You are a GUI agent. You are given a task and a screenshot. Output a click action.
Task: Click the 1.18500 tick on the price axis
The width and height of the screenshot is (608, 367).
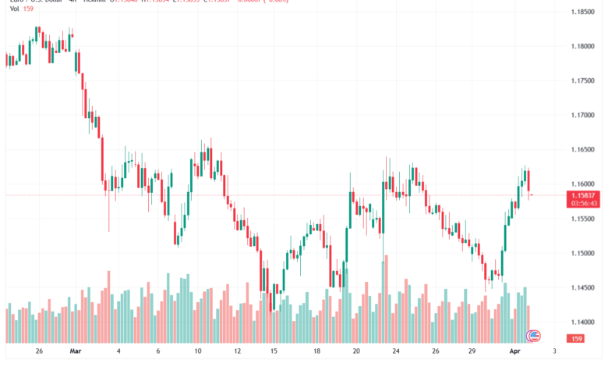click(x=583, y=12)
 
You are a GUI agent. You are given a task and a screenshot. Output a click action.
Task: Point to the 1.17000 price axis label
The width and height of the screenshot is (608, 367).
click(x=583, y=115)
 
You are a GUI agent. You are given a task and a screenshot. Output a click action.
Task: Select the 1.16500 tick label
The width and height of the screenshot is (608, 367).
click(x=583, y=149)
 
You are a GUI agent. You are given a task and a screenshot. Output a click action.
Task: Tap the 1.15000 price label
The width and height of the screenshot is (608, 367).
click(x=583, y=253)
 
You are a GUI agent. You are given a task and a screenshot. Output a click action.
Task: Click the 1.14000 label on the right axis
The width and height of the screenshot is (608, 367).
click(x=583, y=322)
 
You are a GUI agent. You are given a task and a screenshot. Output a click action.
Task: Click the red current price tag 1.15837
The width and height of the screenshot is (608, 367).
click(x=583, y=194)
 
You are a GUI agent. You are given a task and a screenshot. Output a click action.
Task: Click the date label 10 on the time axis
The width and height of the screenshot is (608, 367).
click(x=199, y=352)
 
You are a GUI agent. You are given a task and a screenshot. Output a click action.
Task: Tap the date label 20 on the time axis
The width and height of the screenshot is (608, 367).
click(x=355, y=352)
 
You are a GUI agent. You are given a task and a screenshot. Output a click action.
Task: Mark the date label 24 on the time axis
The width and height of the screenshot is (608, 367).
click(x=396, y=352)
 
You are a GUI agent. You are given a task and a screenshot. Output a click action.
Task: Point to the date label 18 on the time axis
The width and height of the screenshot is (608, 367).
click(x=316, y=352)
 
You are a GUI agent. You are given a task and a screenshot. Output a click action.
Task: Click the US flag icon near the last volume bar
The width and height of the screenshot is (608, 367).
click(x=533, y=336)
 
